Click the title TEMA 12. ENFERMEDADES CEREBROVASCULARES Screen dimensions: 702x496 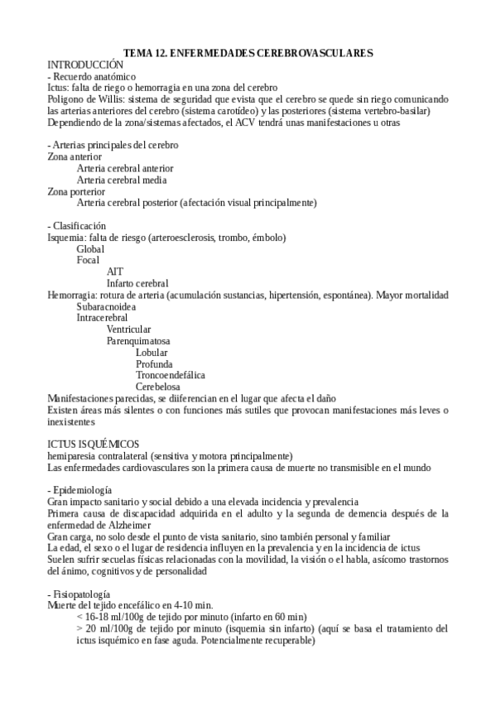254,52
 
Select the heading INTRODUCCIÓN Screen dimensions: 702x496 85,64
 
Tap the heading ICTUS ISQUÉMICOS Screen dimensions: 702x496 93,444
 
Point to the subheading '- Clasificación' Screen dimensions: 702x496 77,225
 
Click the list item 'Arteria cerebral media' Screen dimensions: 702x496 122,180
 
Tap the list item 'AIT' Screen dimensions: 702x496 115,272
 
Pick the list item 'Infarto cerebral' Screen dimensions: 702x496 137,283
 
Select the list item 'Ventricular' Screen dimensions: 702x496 128,329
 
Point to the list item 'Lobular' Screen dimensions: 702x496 152,352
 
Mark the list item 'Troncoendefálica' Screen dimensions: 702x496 171,374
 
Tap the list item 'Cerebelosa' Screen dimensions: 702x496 158,386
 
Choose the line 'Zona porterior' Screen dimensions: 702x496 76,190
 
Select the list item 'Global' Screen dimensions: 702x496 91,248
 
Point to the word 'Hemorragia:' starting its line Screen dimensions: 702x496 71,295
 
